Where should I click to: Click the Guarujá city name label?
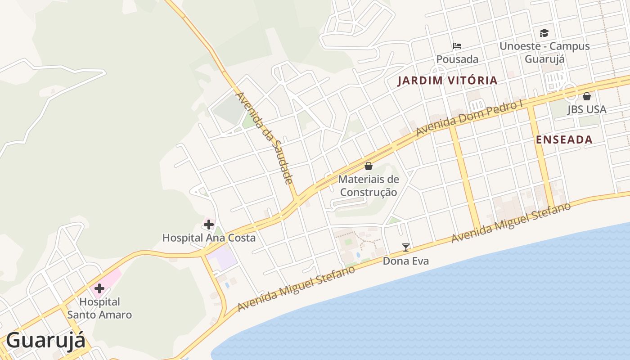(x=45, y=340)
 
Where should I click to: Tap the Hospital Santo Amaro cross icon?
(x=99, y=288)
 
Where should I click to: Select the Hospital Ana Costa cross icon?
(x=208, y=224)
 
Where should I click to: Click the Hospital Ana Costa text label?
(x=209, y=238)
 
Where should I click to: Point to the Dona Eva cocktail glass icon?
(x=406, y=247)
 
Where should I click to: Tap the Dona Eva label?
(x=406, y=261)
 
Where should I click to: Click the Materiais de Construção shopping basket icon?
(x=369, y=166)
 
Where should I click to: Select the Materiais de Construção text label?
(x=369, y=186)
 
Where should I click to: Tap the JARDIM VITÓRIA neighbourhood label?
(x=448, y=81)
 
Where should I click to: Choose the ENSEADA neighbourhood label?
(x=564, y=139)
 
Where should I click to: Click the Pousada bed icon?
(x=457, y=46)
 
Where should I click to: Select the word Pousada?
(x=457, y=59)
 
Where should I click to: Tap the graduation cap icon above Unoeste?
(x=544, y=33)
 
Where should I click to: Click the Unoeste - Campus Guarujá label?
(x=544, y=53)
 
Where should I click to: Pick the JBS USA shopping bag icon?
(x=587, y=96)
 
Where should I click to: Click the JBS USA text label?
(x=587, y=109)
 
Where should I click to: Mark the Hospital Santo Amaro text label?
(x=99, y=308)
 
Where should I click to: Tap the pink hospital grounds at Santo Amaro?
(x=112, y=276)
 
